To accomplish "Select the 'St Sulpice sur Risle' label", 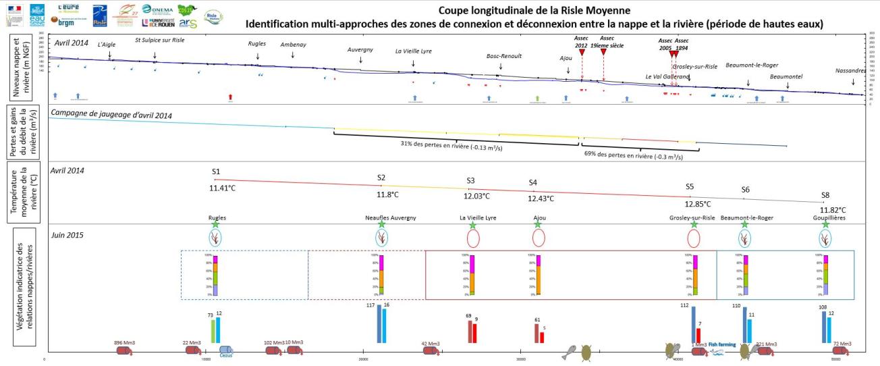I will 160,41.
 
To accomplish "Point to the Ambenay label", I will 293,45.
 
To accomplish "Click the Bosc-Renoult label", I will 504,56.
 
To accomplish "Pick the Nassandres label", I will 850,70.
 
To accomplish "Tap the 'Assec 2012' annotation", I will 581,41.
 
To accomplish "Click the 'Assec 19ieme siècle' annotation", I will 607,41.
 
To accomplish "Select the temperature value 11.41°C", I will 222,188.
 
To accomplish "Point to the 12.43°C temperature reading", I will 541,199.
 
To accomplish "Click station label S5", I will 689,186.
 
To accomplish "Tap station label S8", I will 825,195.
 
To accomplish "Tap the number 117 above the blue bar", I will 370,306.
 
